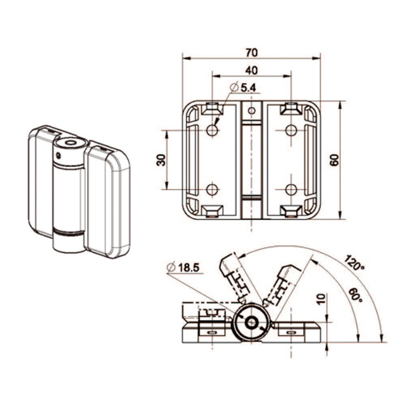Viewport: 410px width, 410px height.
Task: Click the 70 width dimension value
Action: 251,52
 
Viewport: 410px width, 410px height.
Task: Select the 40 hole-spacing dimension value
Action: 251,71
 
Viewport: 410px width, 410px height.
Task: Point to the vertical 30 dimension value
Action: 161,160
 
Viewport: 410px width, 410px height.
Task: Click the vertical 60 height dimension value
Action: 335,160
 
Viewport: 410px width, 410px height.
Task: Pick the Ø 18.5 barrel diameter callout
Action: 183,267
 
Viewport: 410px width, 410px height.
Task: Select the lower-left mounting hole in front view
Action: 212,189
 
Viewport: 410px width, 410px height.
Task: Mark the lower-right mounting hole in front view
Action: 291,189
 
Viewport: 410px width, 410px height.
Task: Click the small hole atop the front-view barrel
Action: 251,111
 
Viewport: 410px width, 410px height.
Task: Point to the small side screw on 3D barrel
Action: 58,155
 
